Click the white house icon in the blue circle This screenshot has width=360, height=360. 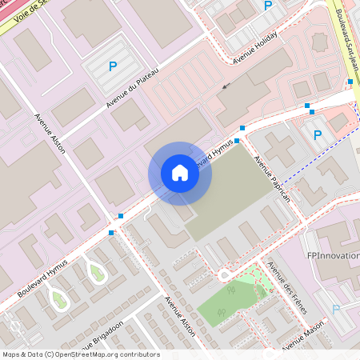coord(179,172)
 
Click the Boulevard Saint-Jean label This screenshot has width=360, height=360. coord(346,36)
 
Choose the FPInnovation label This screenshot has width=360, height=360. coord(333,256)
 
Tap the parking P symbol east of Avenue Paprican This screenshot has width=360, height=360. coord(318,135)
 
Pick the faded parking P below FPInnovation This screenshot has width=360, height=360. coord(336,308)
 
